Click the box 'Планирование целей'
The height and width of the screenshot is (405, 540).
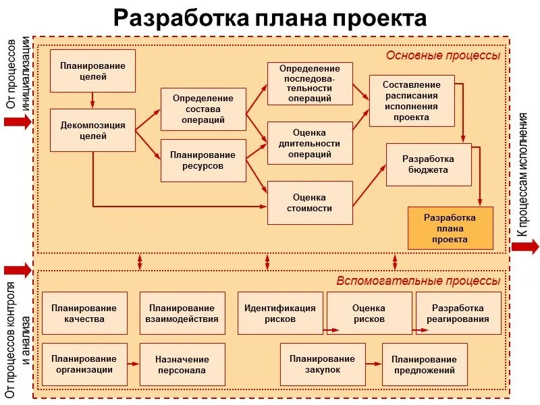click(92, 71)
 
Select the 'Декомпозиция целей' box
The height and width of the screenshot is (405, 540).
click(92, 130)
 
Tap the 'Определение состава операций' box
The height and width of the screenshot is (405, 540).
click(203, 109)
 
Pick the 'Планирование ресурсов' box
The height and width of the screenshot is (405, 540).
click(203, 160)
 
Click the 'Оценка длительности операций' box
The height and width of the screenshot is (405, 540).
click(310, 143)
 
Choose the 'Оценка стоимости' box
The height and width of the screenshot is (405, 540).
click(310, 202)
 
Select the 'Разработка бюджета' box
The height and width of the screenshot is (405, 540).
click(429, 164)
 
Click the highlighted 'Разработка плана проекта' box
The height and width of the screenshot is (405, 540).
click(450, 228)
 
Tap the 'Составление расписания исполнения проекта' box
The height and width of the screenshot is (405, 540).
click(412, 101)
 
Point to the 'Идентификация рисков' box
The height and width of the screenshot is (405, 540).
click(280, 313)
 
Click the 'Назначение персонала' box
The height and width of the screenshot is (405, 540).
click(182, 364)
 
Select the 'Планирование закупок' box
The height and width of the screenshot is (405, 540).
click(323, 364)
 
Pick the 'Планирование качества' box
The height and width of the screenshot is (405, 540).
click(84, 313)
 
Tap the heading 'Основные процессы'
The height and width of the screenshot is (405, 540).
click(443, 55)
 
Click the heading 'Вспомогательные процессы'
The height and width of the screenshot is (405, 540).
click(418, 281)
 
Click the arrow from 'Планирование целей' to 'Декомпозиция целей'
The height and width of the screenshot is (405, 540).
click(92, 101)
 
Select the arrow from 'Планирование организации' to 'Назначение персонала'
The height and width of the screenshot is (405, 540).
click(133, 364)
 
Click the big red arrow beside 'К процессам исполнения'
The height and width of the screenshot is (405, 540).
click(524, 246)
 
